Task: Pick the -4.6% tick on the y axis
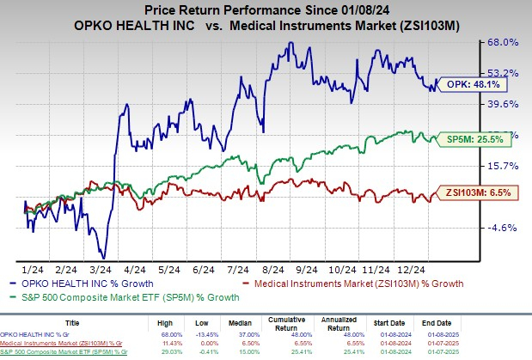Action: tap(503, 228)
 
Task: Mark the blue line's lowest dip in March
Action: tap(104, 256)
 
